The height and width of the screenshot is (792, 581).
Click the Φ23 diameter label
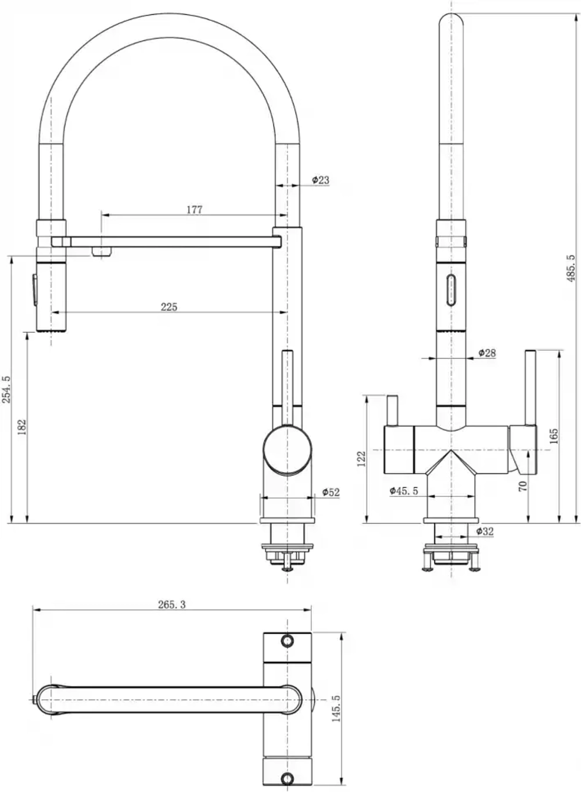pos(321,180)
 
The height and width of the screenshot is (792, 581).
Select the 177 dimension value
pos(195,210)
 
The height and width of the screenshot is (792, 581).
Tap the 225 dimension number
pos(168,307)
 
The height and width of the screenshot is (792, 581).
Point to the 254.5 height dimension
pos(6,390)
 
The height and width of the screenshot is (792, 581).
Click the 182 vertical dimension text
pos(22,427)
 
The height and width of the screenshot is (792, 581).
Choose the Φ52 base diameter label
pos(331,492)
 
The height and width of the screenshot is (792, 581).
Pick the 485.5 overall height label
pos(571,268)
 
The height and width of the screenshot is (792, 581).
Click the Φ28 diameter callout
pos(487,352)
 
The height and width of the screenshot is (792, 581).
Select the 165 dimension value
pos(554,436)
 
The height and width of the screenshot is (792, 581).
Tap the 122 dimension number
pos(361,459)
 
